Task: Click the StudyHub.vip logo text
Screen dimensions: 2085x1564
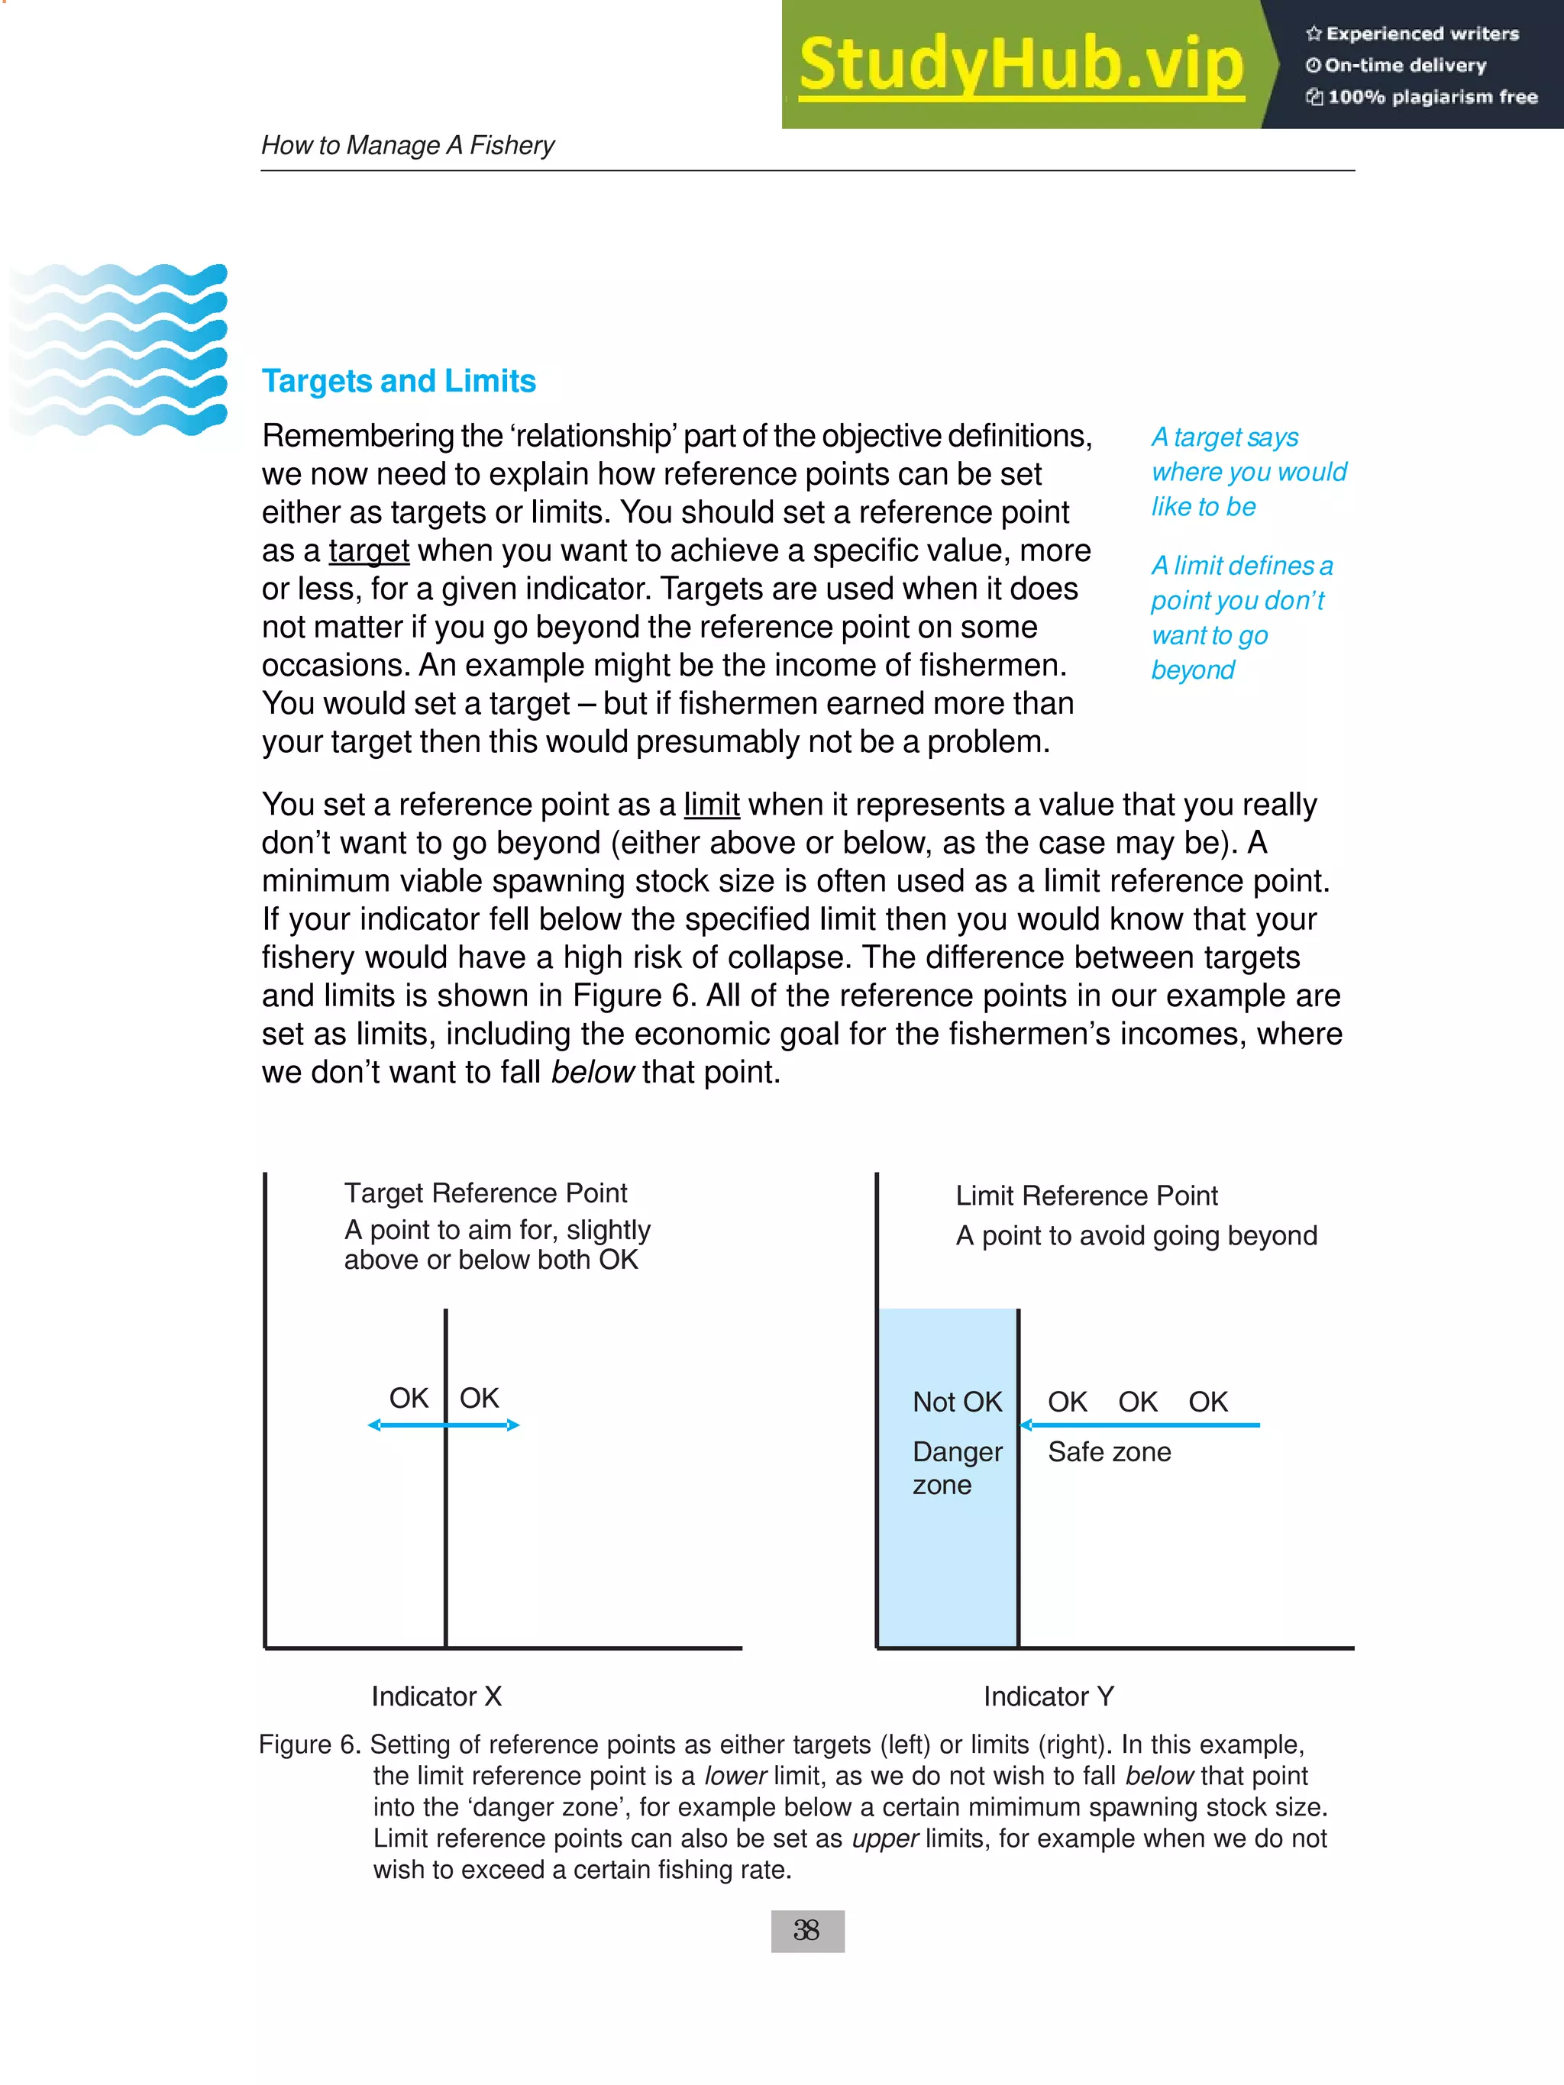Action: [x=1021, y=64]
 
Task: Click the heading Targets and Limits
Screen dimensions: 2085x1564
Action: [x=398, y=381]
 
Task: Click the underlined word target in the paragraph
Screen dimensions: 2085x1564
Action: [x=369, y=550]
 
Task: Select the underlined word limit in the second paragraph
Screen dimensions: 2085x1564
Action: [x=711, y=804]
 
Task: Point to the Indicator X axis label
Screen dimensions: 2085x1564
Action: [x=437, y=1696]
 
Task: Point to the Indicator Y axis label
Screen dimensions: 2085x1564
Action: [x=1049, y=1696]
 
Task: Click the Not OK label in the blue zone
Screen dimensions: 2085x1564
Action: [x=957, y=1402]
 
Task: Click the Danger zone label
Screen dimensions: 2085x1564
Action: [x=956, y=1467]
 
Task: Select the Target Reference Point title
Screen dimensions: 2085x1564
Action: [x=486, y=1193]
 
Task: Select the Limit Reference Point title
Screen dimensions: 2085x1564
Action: [x=1086, y=1196]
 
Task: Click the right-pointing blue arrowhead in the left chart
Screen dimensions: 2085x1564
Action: [x=513, y=1425]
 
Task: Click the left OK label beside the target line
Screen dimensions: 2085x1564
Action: [x=409, y=1398]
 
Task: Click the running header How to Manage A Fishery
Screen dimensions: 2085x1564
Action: [x=407, y=145]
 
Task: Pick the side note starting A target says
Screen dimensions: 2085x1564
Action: [x=1247, y=471]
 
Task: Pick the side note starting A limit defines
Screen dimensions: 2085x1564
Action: [x=1241, y=618]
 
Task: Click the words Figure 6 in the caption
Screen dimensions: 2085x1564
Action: [x=309, y=1744]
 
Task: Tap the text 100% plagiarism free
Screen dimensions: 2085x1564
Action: [x=1431, y=97]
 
